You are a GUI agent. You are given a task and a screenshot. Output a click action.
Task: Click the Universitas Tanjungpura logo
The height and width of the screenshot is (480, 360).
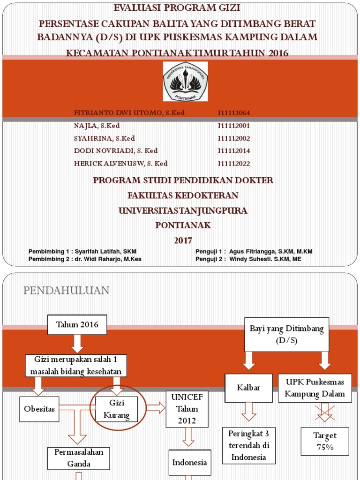pos(185,81)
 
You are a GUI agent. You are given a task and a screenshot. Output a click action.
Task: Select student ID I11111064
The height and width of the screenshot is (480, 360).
pos(234,113)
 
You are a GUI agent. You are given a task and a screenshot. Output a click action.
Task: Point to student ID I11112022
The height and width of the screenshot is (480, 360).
pos(234,164)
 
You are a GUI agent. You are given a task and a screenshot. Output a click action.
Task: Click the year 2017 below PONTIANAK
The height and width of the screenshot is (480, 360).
pos(183,241)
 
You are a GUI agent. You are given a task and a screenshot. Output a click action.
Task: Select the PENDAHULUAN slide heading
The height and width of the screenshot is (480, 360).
pos(66,291)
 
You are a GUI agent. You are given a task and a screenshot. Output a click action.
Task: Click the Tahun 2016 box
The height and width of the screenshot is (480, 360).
pos(77,325)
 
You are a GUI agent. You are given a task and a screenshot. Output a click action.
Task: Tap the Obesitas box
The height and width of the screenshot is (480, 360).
pos(40,409)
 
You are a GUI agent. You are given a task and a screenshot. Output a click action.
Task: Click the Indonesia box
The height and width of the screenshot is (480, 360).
pos(189,463)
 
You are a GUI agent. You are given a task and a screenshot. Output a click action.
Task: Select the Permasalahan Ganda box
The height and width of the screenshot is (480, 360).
pos(79,458)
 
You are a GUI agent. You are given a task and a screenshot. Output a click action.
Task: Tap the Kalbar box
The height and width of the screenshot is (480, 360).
pos(248,388)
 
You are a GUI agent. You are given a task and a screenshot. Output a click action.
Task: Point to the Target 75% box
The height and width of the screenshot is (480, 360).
pos(325,441)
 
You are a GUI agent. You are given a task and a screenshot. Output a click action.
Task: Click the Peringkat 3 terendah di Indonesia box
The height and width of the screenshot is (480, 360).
pos(248,444)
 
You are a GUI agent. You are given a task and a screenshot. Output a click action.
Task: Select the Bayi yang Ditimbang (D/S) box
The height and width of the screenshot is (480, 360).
pos(287,334)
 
